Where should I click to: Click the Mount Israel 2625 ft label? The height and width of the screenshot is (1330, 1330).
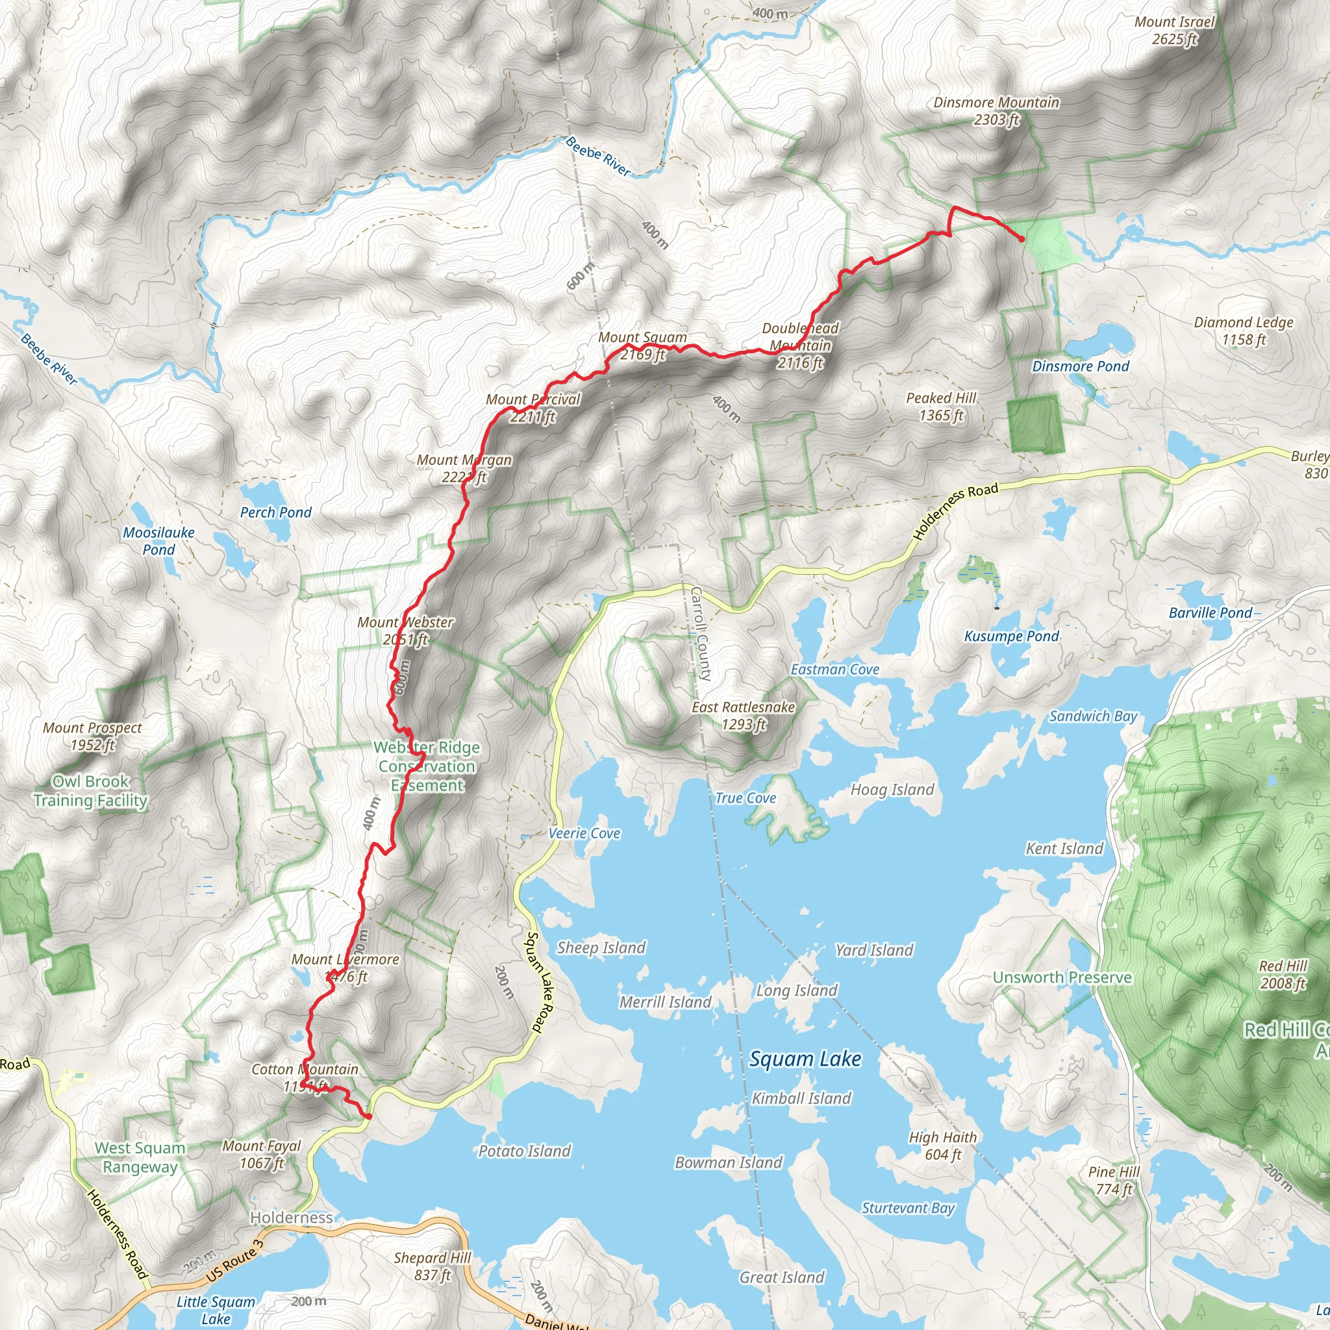(x=1174, y=31)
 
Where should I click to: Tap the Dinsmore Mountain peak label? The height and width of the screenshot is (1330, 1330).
(x=996, y=111)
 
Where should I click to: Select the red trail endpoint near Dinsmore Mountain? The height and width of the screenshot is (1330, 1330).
(x=1022, y=239)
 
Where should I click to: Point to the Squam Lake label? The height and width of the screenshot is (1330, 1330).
(x=805, y=1059)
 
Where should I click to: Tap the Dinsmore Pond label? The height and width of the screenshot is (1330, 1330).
(x=1080, y=366)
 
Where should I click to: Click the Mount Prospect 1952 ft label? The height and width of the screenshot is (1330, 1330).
(x=92, y=736)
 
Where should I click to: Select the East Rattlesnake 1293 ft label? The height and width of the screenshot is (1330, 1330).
(x=743, y=715)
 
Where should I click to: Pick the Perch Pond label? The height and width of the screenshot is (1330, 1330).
(x=275, y=512)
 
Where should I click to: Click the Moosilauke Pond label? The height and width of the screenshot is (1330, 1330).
(x=158, y=540)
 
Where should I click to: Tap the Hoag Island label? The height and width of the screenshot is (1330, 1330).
(x=892, y=790)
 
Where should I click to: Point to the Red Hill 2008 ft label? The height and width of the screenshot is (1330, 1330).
(x=1283, y=974)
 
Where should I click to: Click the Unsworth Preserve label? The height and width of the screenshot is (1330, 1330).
(x=1062, y=977)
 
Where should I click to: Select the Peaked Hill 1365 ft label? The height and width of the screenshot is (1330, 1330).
(x=941, y=406)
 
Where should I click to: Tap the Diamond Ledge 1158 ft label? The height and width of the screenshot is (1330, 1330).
(x=1243, y=331)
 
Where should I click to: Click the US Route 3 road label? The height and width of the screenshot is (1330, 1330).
(x=234, y=1261)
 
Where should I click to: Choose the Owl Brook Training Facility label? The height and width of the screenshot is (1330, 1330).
(x=90, y=791)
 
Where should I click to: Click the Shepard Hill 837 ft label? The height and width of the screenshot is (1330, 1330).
(x=433, y=1266)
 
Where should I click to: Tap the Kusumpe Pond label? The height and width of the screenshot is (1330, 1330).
(x=1011, y=636)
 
